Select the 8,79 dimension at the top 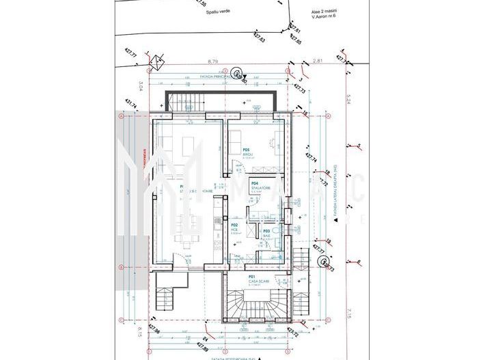(x=212, y=61)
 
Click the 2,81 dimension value (x=317, y=61)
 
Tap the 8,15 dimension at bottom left (x=140, y=333)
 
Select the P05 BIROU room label (x=247, y=152)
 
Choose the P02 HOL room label (x=234, y=227)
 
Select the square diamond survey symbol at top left (x=156, y=60)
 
